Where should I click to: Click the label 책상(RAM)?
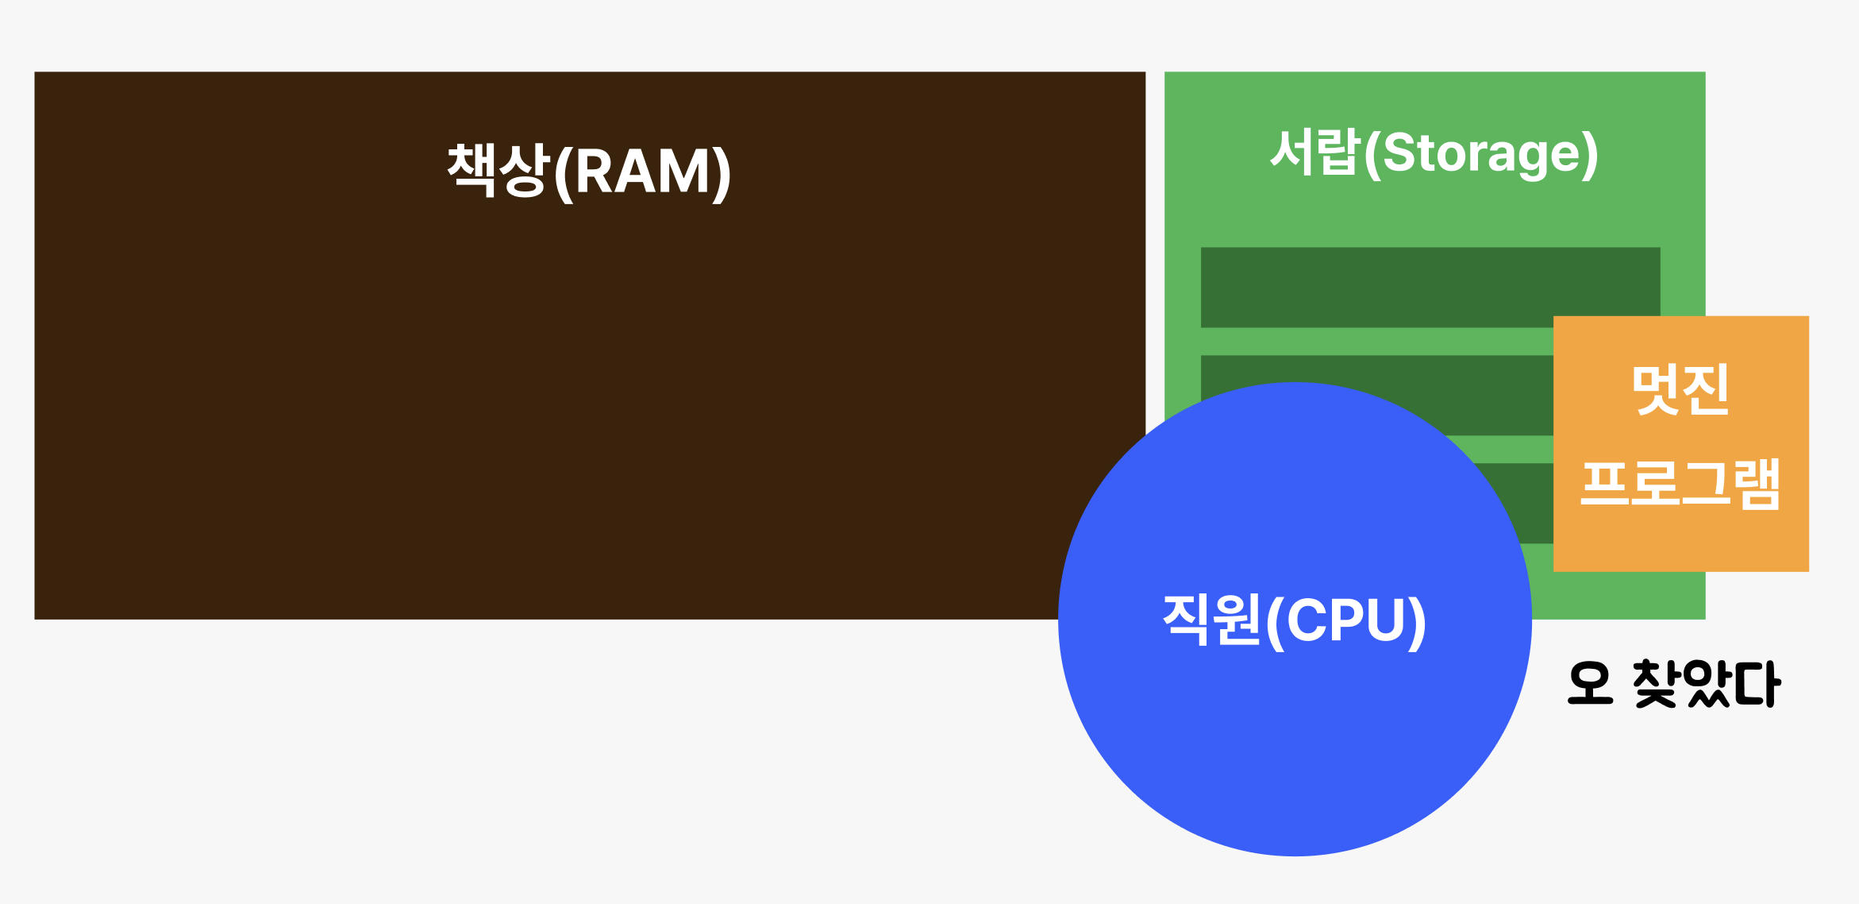(x=589, y=172)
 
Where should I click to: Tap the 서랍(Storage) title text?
(x=1434, y=153)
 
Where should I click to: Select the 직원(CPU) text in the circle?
(x=1294, y=620)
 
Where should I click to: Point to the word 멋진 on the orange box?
(x=1680, y=389)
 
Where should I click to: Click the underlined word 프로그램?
(x=1680, y=484)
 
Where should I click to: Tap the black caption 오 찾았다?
(x=1674, y=683)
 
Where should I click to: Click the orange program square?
(x=1680, y=540)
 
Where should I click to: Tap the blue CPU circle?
(x=1294, y=755)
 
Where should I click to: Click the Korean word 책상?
(x=498, y=170)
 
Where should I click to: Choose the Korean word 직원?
(x=1211, y=620)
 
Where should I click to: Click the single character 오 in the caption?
(x=1590, y=683)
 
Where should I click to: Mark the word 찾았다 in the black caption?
(x=1707, y=683)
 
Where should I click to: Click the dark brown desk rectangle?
(x=476, y=397)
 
